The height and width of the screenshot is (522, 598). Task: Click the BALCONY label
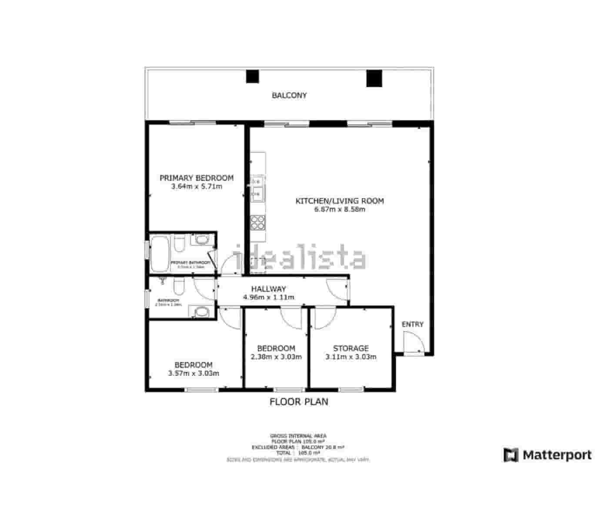point(289,95)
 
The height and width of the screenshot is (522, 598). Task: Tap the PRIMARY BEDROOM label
point(197,178)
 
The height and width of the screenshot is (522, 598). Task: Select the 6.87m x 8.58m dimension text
point(340,209)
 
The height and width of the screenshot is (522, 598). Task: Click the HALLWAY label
point(269,289)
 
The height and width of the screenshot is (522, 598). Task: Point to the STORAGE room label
point(351,348)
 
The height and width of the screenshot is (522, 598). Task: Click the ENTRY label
point(412,325)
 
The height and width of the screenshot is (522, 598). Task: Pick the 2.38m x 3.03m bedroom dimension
point(276,357)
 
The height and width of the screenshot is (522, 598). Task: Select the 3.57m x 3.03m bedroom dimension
point(194,374)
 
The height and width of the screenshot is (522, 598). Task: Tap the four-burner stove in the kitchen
point(257,223)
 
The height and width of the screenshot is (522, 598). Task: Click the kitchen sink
point(257,187)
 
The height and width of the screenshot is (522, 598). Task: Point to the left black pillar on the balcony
point(252,77)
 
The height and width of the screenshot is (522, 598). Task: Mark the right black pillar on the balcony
point(374,78)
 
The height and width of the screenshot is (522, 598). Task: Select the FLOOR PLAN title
point(299,402)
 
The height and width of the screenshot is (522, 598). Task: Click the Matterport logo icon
point(511,455)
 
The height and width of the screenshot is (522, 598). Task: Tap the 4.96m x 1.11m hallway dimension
point(269,298)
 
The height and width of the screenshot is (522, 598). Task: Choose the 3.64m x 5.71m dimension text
point(197,187)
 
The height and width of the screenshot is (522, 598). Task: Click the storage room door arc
point(324,318)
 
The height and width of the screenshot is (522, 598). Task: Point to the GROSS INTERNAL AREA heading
point(298,435)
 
